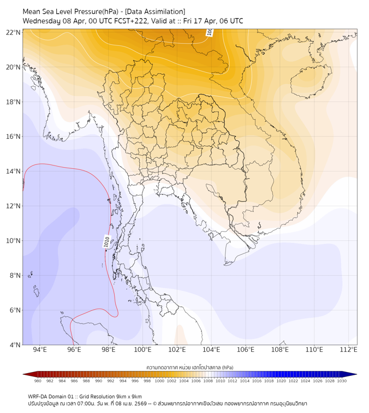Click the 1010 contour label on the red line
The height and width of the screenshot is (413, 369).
(107, 241)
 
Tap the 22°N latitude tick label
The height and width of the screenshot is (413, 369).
(14, 32)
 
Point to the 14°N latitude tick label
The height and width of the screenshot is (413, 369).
(14, 172)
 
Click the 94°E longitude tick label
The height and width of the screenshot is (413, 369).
(40, 350)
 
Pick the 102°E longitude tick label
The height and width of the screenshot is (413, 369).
(177, 350)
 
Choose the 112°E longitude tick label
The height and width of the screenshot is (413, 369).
(349, 350)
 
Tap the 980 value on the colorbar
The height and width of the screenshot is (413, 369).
(38, 381)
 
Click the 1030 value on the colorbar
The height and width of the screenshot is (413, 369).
(342, 381)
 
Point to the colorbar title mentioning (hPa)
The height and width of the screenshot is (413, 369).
(190, 367)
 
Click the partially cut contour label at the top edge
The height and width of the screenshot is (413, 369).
(210, 33)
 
